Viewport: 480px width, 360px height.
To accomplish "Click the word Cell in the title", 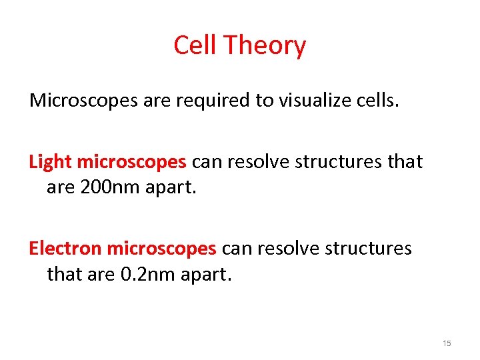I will [195, 45].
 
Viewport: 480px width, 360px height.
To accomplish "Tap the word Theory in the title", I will [265, 46].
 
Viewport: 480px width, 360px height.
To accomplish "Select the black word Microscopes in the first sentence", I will [81, 101].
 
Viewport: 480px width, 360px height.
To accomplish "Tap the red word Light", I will [51, 162].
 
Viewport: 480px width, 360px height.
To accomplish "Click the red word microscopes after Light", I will [131, 162].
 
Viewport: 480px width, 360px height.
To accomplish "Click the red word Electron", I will [65, 249].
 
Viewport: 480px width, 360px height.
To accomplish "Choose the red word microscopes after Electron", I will [161, 249].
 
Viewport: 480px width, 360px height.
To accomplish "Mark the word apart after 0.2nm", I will [207, 274].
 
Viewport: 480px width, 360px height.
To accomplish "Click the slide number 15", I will [447, 343].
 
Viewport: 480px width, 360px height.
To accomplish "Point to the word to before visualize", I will [261, 101].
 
